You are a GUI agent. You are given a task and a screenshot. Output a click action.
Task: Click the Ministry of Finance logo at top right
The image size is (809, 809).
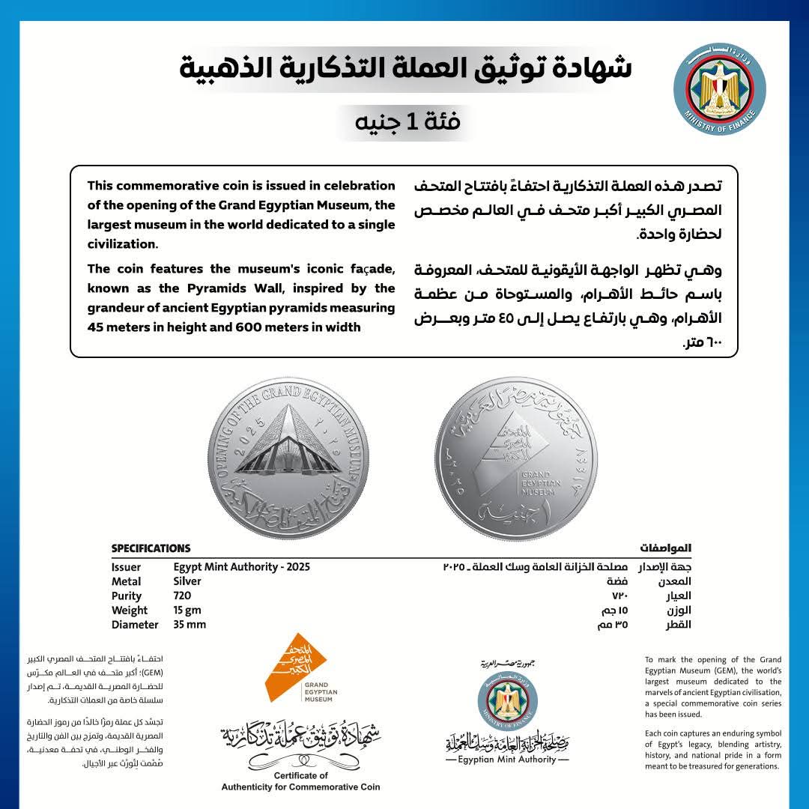[x=719, y=88]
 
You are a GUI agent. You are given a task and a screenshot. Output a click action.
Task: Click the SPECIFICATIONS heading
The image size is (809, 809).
[x=151, y=548]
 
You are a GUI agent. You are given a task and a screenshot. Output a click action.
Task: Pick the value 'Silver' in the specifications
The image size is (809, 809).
[x=187, y=581]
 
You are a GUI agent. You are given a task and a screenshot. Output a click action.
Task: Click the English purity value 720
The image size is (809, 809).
[x=183, y=596]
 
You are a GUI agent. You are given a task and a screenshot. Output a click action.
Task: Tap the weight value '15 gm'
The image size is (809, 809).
[x=187, y=610]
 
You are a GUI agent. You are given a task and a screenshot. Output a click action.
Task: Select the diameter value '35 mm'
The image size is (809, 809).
[x=190, y=625]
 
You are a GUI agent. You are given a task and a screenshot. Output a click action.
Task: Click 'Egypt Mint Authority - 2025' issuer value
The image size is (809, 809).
[x=241, y=567]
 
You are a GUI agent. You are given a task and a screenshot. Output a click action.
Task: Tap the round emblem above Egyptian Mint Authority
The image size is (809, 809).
[x=507, y=700]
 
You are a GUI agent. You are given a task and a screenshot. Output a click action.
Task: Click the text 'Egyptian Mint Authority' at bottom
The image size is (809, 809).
[x=507, y=760]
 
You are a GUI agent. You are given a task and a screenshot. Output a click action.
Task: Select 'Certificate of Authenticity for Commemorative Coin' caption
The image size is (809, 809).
[x=300, y=781]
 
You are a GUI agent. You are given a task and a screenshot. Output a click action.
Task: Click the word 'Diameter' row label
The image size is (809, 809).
[x=135, y=625]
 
